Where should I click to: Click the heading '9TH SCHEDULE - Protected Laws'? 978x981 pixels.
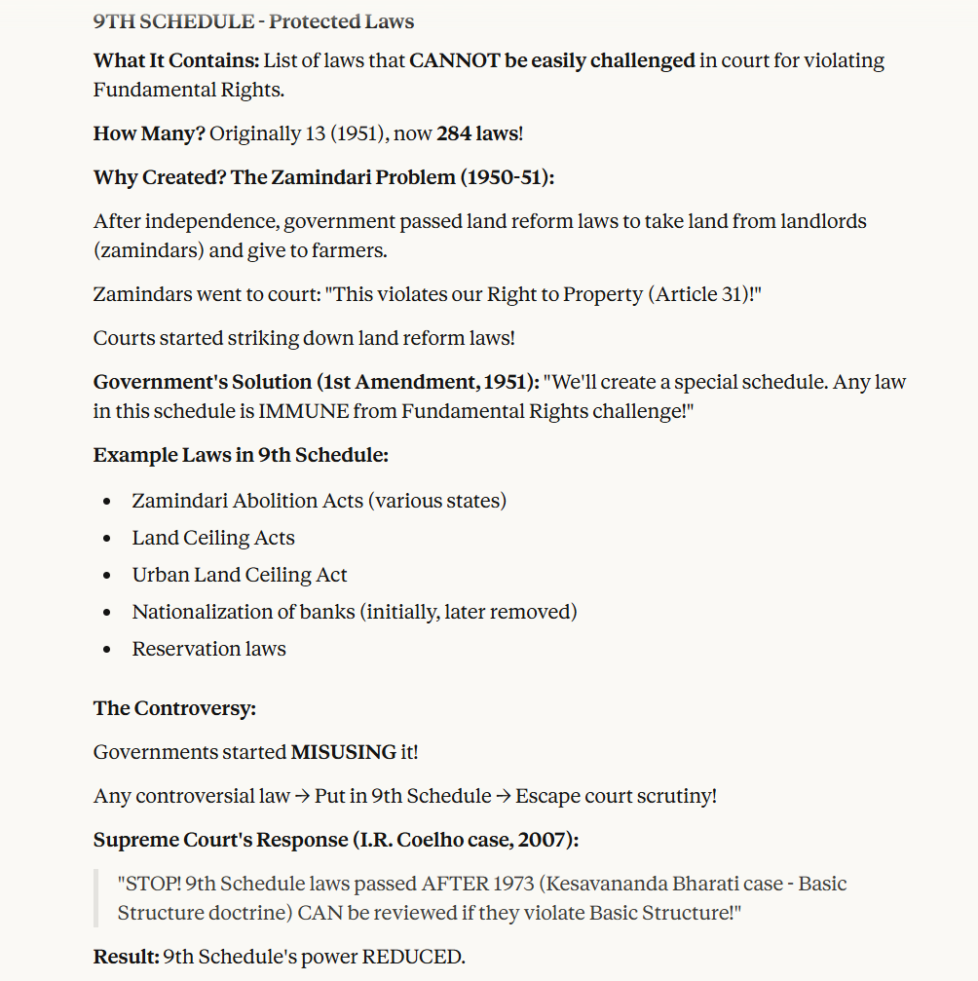point(253,21)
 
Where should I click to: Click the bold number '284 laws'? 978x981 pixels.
point(477,133)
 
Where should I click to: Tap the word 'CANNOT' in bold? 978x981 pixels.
point(454,60)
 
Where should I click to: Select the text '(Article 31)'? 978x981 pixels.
point(701,294)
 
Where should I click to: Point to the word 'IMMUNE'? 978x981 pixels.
point(303,411)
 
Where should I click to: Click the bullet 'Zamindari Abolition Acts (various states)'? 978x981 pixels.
point(319,501)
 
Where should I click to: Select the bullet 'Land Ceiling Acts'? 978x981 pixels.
point(212,538)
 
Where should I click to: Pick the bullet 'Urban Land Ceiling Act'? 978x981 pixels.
point(239,575)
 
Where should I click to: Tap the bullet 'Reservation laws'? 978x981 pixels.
point(208,649)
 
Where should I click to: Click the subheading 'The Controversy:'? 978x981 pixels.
point(174,708)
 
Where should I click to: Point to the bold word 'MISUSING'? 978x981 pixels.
point(344,752)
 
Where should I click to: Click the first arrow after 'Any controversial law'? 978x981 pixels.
point(302,796)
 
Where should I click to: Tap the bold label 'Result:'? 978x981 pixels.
point(126,957)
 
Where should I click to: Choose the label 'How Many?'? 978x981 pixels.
point(149,133)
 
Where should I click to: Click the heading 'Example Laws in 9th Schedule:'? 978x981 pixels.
point(241,455)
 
